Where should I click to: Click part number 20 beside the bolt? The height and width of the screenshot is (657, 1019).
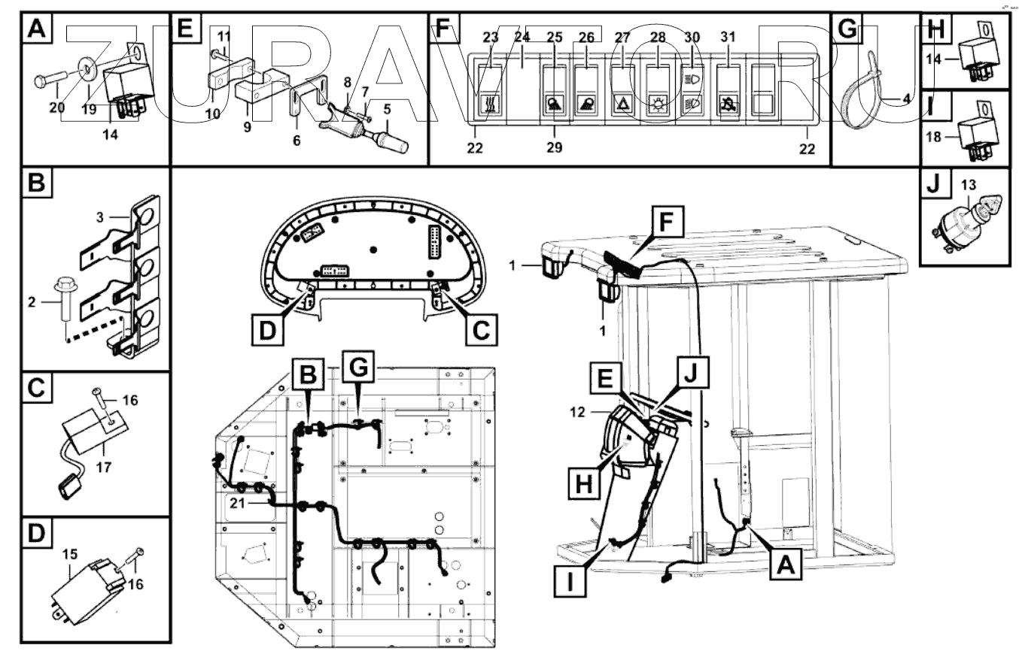pyautogui.click(x=57, y=107)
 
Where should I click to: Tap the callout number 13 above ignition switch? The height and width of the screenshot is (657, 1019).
pyautogui.click(x=969, y=184)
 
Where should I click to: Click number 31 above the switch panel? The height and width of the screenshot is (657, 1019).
pyautogui.click(x=727, y=38)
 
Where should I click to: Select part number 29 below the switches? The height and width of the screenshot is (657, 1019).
pyautogui.click(x=555, y=148)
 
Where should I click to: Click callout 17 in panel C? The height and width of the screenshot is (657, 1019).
pyautogui.click(x=103, y=467)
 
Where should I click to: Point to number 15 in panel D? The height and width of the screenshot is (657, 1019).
pyautogui.click(x=70, y=554)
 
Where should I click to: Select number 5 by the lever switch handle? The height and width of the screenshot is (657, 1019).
pyautogui.click(x=387, y=108)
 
